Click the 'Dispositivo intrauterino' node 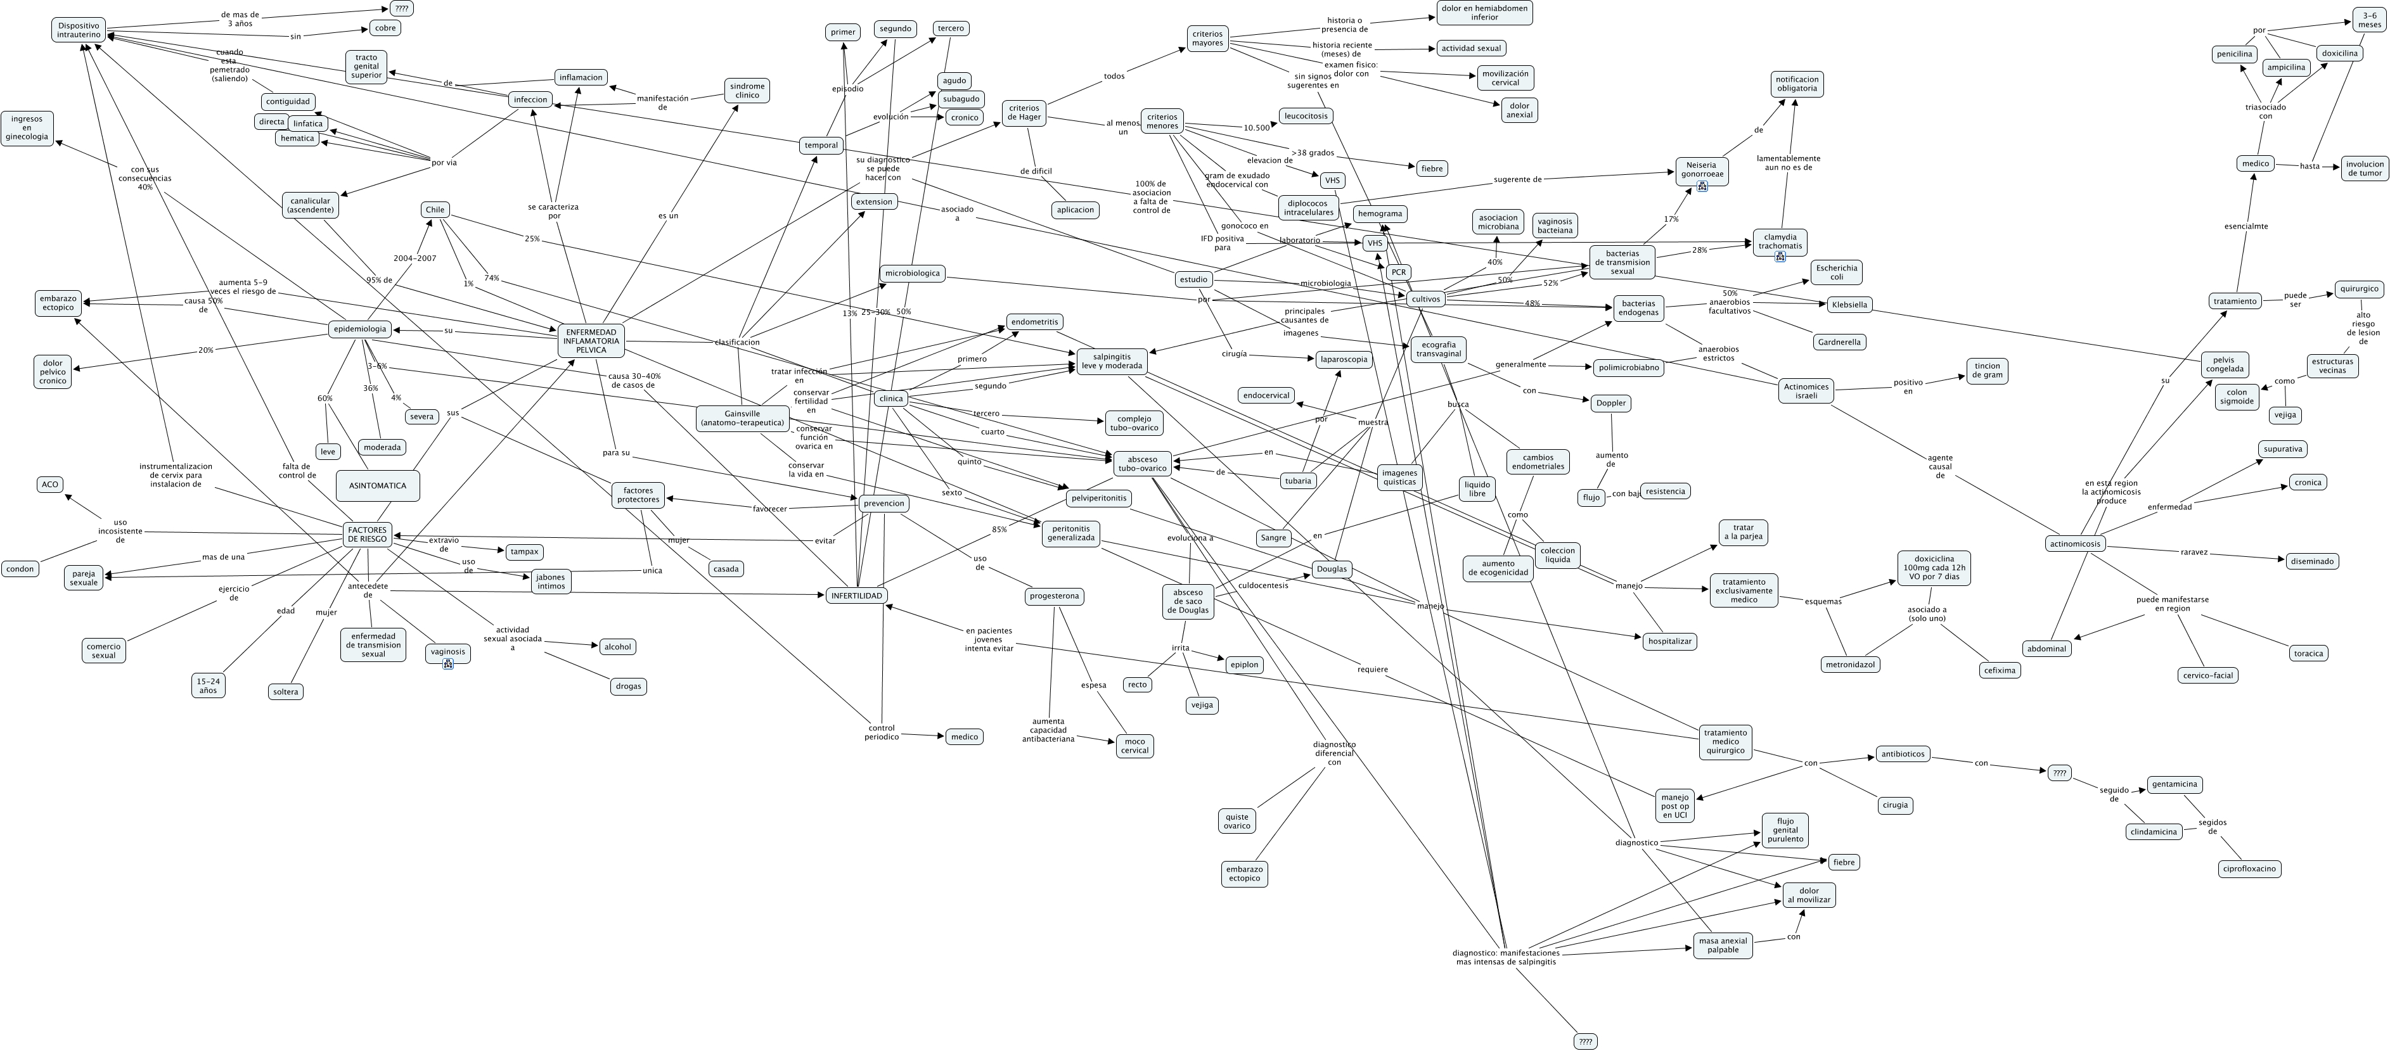click(79, 30)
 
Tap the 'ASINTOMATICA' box click(378, 485)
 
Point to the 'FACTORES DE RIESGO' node click(368, 534)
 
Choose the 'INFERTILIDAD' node click(856, 596)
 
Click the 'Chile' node click(435, 210)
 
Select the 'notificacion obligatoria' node click(1797, 84)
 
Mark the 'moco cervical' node click(1134, 746)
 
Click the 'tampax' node click(524, 552)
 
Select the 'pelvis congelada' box click(2225, 364)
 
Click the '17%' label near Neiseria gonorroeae click(1671, 220)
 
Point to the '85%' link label click(999, 530)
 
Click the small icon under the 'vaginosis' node click(448, 663)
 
